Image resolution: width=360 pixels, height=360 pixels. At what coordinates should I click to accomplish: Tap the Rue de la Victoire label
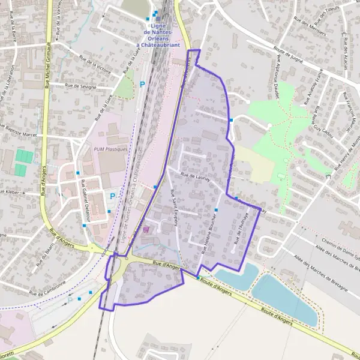(95, 64)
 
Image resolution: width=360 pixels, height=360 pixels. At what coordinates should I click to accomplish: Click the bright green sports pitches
(24, 163)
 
